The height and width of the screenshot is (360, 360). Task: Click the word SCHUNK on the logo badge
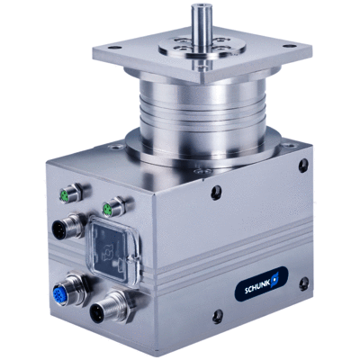257,289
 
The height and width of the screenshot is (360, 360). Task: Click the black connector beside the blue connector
98,312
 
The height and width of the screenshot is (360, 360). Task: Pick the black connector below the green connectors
59,230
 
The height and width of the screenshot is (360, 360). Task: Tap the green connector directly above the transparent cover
107,209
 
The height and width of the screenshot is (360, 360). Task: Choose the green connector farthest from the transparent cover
65,194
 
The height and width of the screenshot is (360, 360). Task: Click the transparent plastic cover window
113,249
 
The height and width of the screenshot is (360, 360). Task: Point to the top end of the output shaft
202,6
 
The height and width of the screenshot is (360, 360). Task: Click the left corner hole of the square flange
114,48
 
